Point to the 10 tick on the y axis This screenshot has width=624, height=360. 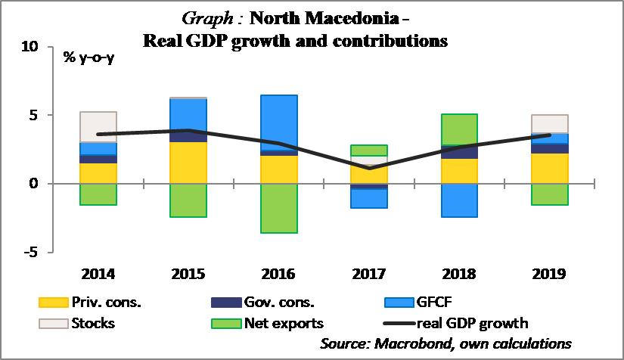[x=29, y=48]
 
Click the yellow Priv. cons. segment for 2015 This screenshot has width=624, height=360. [x=189, y=163]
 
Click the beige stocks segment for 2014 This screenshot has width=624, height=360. [x=98, y=127]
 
